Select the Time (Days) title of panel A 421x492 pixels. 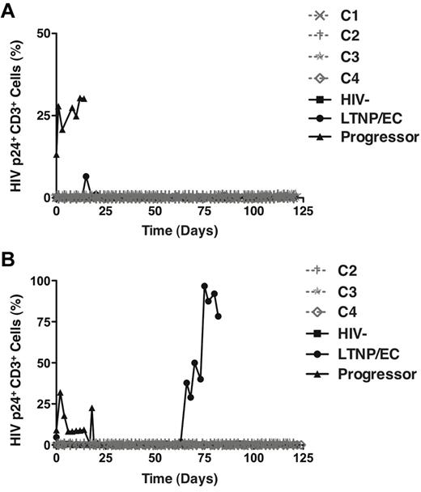(176, 229)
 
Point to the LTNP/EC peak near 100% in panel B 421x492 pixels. (205, 286)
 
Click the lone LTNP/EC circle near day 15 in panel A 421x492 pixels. (86, 176)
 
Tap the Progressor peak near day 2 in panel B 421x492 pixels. (60, 392)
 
